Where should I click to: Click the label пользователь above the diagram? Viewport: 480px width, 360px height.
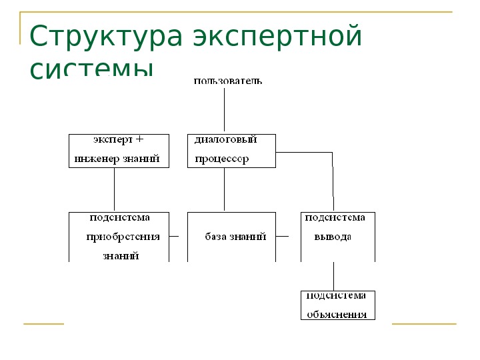227,81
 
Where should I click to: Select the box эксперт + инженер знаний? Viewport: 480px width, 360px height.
119,150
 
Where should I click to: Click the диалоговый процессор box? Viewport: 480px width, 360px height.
231,150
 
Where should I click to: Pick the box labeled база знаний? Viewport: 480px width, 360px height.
231,237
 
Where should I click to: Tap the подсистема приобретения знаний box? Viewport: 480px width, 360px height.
119,237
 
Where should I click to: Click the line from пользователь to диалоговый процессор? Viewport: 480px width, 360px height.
225,110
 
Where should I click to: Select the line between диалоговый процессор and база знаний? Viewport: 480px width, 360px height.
225,189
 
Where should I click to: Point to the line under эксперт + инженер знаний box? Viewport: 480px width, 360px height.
115,189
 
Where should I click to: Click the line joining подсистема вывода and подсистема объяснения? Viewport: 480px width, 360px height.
333,276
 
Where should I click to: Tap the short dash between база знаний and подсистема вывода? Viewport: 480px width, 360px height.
282,236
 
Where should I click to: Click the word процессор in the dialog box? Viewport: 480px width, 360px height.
221,159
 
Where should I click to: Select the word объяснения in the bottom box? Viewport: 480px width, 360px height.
337,314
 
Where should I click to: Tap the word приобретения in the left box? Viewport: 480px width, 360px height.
123,237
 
